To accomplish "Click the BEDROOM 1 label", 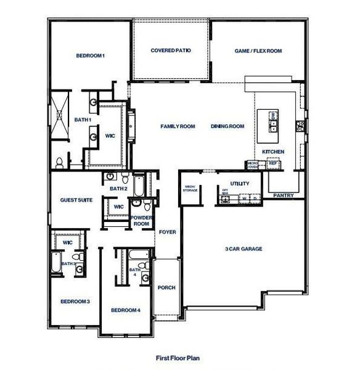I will pyautogui.click(x=91, y=56).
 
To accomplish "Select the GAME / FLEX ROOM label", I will pyautogui.click(x=258, y=51).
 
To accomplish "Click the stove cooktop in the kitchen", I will pyautogui.click(x=300, y=126).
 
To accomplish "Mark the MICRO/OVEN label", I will pyautogui.click(x=252, y=165).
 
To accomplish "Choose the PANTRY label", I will pyautogui.click(x=284, y=195).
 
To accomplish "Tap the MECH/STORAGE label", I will pyautogui.click(x=190, y=189).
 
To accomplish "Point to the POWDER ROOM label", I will pyautogui.click(x=142, y=221).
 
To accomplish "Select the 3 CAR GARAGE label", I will pyautogui.click(x=243, y=249).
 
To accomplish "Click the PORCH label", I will pyautogui.click(x=166, y=287).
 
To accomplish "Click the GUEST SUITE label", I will pyautogui.click(x=72, y=200).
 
